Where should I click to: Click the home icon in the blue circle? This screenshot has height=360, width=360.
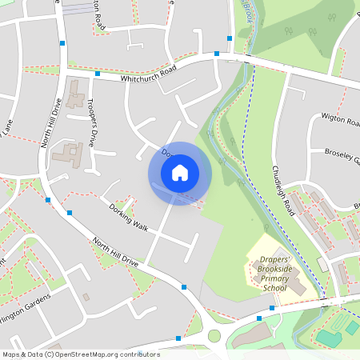pos(180,172)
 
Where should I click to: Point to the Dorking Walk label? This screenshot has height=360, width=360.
pos(129,217)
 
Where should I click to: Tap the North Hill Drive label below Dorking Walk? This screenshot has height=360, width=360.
pos(115,251)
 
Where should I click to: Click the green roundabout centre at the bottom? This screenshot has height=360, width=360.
pos(214,335)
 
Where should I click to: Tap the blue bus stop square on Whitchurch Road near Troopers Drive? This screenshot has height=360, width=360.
pos(97,74)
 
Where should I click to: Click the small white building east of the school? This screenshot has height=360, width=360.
pos(322,263)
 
